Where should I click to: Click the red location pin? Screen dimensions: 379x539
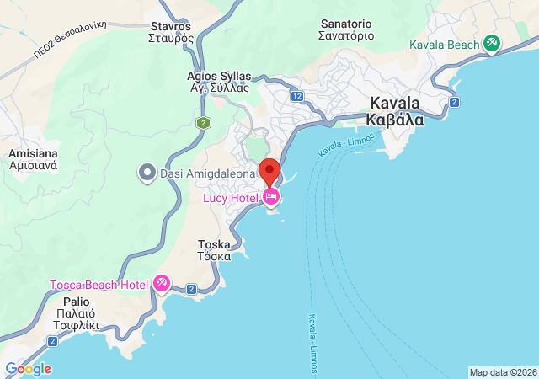click(269, 171)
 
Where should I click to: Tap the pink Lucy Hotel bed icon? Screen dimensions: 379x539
click(271, 197)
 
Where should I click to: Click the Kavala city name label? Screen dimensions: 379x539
click(395, 111)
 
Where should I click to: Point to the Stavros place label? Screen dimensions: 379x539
click(171, 31)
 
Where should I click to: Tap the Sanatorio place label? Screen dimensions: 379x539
click(346, 29)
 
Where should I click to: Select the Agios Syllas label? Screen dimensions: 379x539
click(219, 82)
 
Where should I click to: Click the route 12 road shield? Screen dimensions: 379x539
click(297, 97)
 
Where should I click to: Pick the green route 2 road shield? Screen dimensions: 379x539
click(203, 123)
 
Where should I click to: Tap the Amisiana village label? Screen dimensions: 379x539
click(32, 160)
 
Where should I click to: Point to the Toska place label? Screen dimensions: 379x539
click(214, 250)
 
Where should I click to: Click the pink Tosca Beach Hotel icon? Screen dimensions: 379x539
click(162, 285)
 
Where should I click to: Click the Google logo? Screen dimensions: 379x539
click(28, 369)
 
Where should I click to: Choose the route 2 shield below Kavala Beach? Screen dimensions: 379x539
click(454, 102)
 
